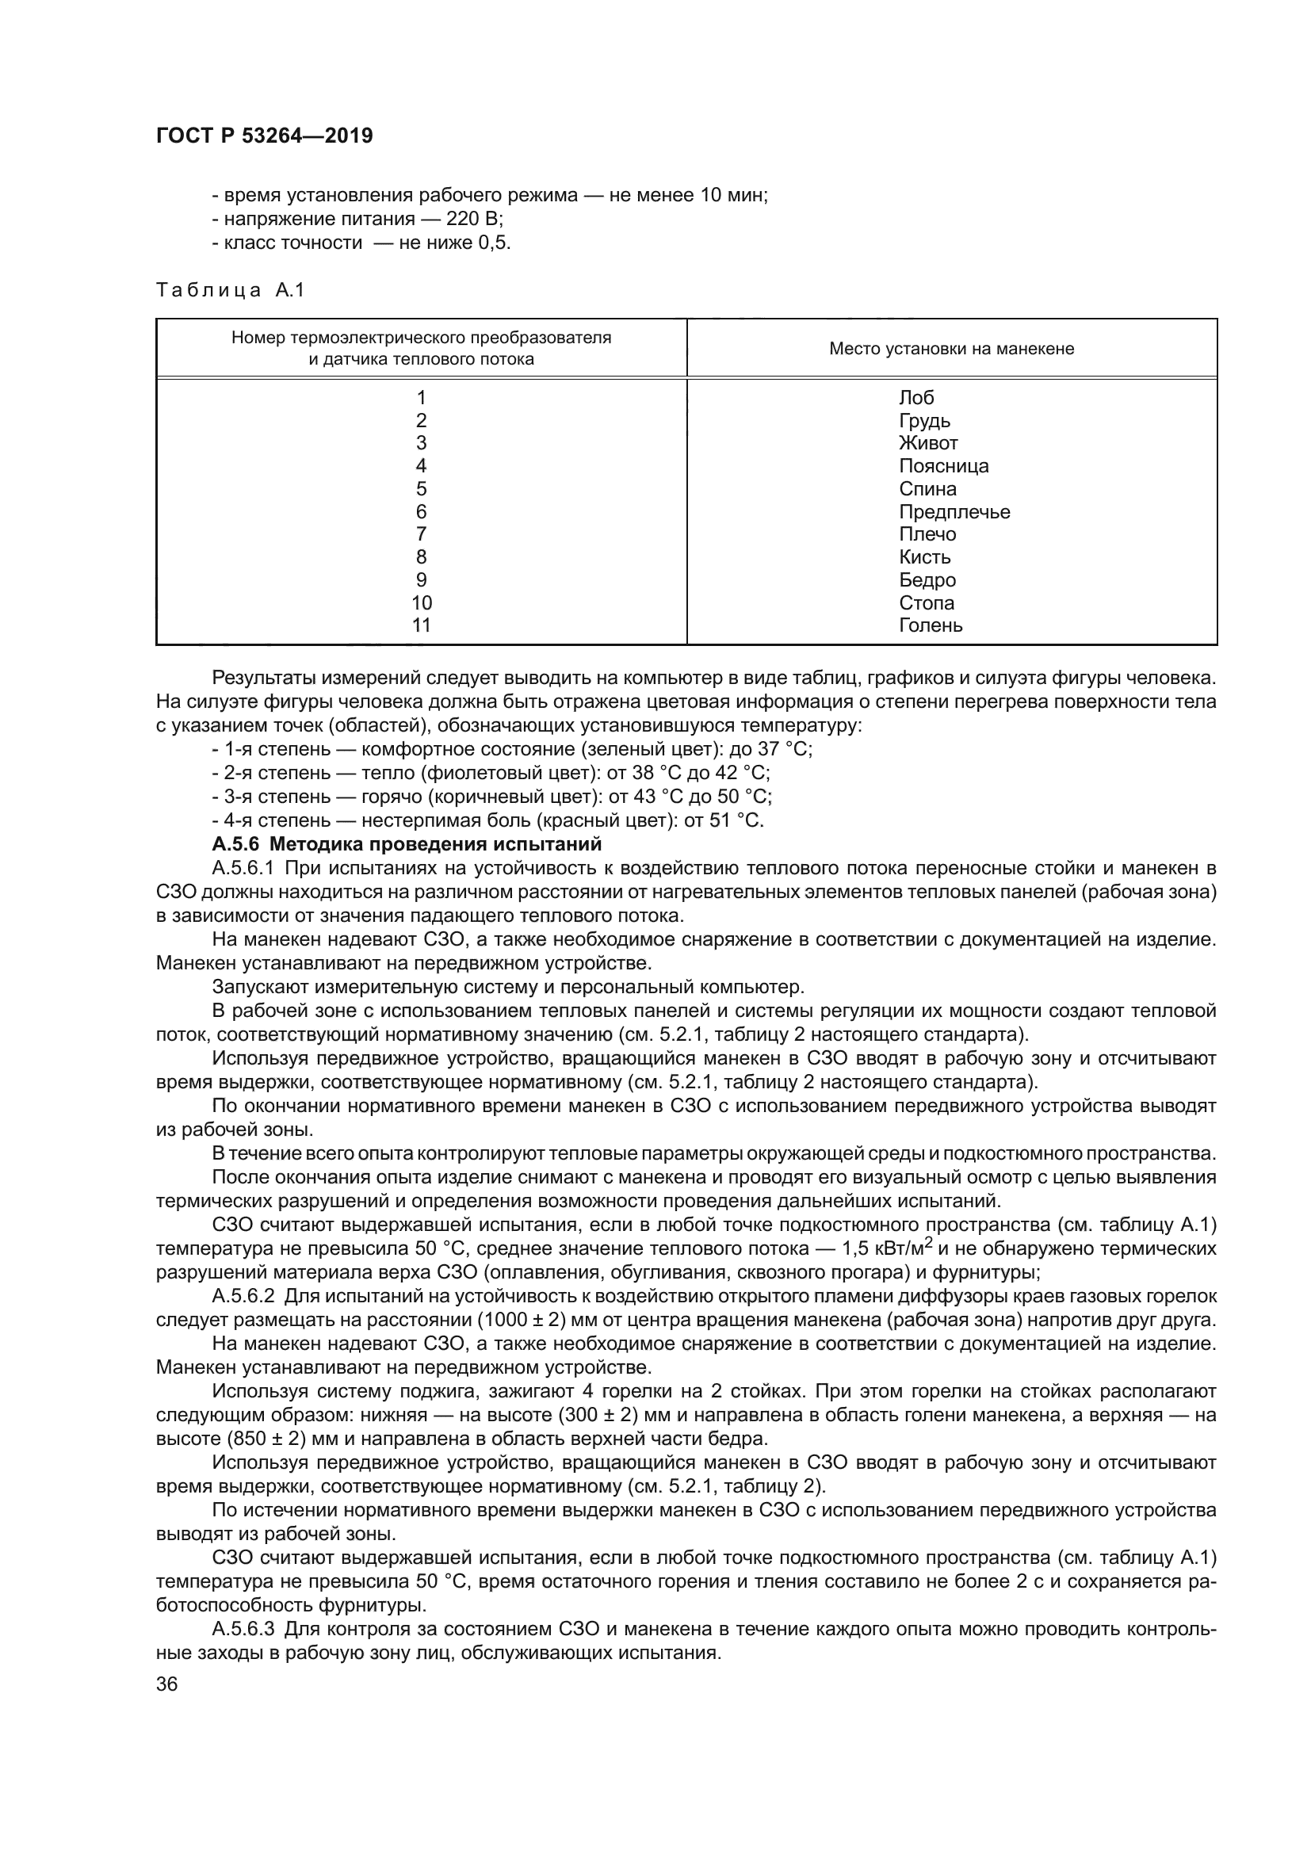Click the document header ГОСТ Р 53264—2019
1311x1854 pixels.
(264, 136)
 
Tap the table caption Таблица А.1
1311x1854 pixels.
(230, 291)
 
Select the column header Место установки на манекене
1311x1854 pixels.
(951, 349)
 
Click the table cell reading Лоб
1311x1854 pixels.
(916, 397)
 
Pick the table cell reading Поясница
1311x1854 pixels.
(943, 466)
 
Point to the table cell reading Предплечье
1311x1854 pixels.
(954, 512)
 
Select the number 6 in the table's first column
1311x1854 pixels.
(421, 512)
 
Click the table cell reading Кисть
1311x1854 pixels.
(925, 557)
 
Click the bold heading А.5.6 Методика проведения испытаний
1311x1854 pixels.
(407, 845)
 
